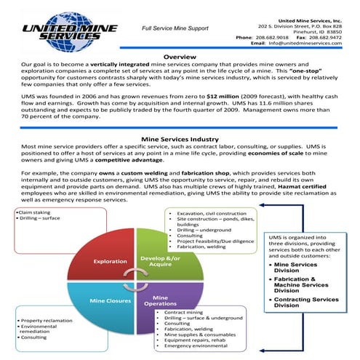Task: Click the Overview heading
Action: click(x=180, y=57)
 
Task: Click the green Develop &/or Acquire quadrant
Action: click(x=159, y=260)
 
